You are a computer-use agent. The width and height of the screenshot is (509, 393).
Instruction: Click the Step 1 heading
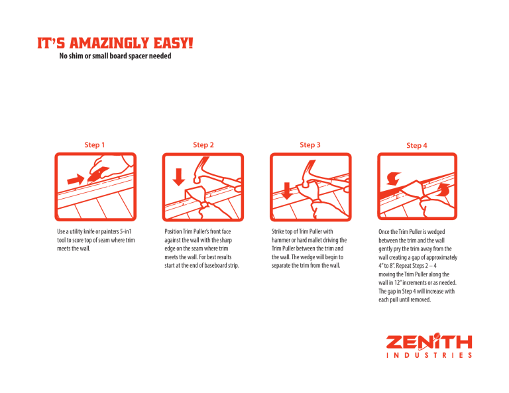tap(95, 144)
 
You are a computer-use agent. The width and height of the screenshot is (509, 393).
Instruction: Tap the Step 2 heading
tap(203, 144)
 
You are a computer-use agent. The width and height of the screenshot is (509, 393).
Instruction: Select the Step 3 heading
tap(310, 144)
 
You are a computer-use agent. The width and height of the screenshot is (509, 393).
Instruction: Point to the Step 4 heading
tap(416, 145)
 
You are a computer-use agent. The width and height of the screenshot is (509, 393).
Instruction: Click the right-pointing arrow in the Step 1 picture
tap(76, 180)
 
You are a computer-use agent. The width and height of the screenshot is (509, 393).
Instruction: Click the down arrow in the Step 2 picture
tap(178, 177)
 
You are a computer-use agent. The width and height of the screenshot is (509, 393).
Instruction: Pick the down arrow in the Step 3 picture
tap(286, 191)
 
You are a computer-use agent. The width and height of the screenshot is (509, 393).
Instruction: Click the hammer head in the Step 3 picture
tap(308, 173)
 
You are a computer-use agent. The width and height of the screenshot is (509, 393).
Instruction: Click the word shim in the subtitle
tap(76, 56)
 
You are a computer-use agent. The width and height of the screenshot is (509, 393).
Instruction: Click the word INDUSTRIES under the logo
tap(429, 355)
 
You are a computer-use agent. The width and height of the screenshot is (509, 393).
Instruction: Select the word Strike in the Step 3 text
tap(278, 231)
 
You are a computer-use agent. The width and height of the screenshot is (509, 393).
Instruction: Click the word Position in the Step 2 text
tap(173, 231)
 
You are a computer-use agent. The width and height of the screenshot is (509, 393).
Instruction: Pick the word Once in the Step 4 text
tap(384, 232)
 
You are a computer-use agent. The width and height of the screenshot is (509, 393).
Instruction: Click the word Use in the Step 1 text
tap(61, 231)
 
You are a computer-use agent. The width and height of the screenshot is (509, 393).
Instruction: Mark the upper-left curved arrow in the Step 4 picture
tap(394, 178)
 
